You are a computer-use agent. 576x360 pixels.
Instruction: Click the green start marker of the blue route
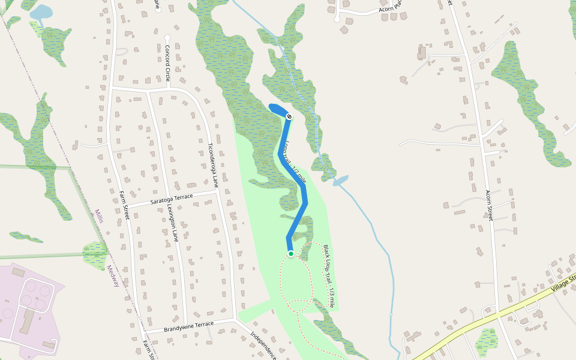pyautogui.click(x=291, y=254)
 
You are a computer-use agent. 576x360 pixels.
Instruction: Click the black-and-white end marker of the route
pyautogui.click(x=289, y=116)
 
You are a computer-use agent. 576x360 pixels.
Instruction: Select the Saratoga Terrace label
pyautogui.click(x=172, y=197)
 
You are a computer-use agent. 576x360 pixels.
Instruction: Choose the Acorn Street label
pyautogui.click(x=489, y=205)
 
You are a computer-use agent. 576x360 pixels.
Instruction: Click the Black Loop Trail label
pyautogui.click(x=329, y=276)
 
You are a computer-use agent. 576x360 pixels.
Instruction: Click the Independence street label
pyautogui.click(x=262, y=346)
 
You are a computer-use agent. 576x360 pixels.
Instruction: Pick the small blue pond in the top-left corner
pyautogui.click(x=41, y=12)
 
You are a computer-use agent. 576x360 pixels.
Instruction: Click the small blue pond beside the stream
pyautogui.click(x=340, y=180)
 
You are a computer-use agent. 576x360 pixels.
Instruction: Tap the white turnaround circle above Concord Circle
pyautogui.click(x=167, y=38)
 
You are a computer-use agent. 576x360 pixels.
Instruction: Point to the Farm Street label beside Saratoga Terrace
pyautogui.click(x=125, y=205)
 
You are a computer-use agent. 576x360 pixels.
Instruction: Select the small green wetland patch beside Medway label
pyautogui.click(x=95, y=254)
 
